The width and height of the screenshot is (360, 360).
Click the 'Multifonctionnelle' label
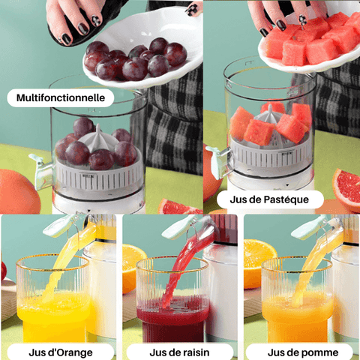[x=61, y=97]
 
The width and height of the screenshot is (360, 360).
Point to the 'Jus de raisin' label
[x=179, y=352]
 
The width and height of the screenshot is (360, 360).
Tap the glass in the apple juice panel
[x=297, y=300]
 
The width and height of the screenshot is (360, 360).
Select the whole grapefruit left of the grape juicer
[x=16, y=191]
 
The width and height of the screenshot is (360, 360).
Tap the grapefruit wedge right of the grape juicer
[x=177, y=206]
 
